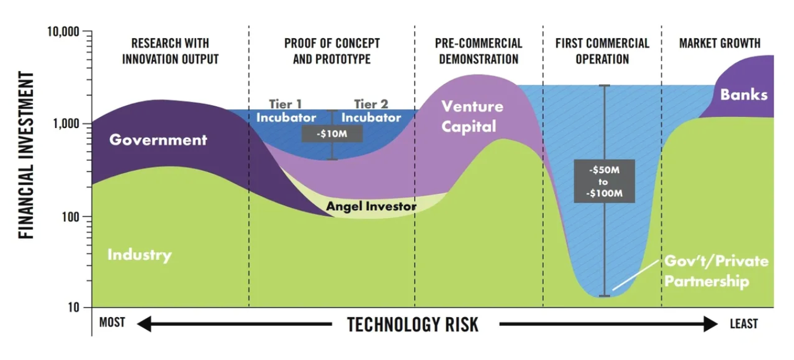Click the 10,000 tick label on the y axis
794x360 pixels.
click(63, 32)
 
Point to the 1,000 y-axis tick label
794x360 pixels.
click(66, 124)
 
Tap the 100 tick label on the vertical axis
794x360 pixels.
click(70, 217)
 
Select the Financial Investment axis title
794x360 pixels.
click(26, 155)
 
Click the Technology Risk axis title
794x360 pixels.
click(413, 325)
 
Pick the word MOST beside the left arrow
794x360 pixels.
click(112, 322)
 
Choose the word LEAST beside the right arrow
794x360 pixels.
click(743, 324)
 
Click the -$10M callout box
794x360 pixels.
click(332, 134)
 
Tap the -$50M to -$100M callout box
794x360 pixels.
click(604, 181)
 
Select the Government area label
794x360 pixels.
click(158, 140)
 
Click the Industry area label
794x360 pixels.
click(140, 255)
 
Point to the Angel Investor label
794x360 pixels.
click(371, 206)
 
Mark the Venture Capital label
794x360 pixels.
click(472, 116)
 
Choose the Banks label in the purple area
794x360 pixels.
click(743, 95)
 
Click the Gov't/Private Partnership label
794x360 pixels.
click(716, 271)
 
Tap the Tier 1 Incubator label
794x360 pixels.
click(286, 111)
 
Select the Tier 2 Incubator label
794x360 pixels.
click(371, 111)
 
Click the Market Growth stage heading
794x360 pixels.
click(719, 43)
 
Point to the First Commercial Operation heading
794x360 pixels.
click(602, 51)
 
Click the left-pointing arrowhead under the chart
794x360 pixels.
click(144, 324)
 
